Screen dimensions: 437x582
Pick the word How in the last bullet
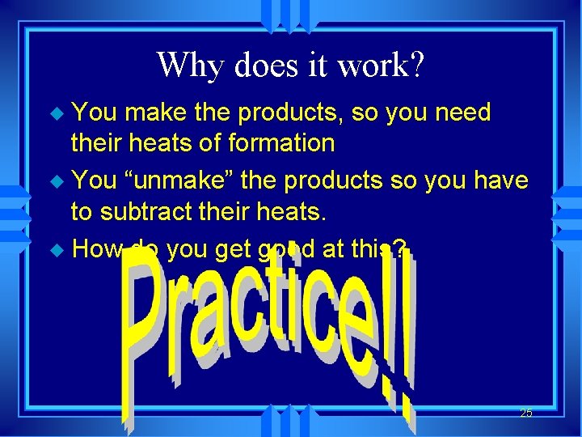pos(96,250)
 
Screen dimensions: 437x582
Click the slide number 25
pos(525,413)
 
